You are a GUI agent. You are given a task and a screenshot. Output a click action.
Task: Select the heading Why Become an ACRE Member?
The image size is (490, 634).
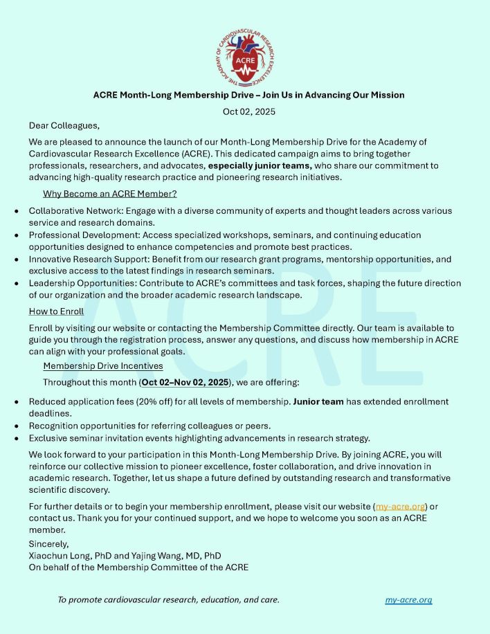click(x=109, y=194)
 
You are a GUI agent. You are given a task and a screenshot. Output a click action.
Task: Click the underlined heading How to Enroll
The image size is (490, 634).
click(x=57, y=311)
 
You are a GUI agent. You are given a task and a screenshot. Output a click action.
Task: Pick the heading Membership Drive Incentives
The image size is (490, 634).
click(x=103, y=365)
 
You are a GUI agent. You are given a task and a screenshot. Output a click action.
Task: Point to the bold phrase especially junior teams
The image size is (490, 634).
click(x=260, y=166)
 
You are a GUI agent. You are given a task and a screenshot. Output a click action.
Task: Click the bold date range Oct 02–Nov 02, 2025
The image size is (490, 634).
click(x=185, y=382)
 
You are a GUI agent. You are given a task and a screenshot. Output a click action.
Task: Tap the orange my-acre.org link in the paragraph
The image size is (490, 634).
click(x=401, y=506)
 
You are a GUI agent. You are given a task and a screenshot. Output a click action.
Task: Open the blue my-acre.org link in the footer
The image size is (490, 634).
click(x=408, y=599)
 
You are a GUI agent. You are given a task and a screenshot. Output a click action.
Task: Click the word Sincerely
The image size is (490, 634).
click(x=48, y=544)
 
